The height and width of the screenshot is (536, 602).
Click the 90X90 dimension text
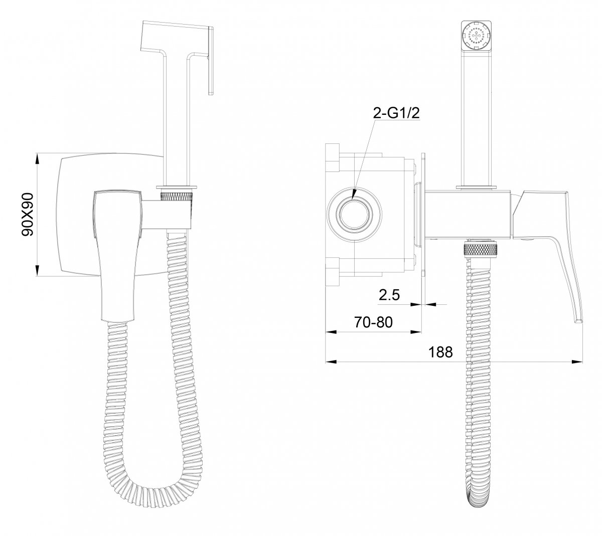(x=28, y=214)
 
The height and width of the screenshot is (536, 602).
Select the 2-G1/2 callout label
(x=396, y=113)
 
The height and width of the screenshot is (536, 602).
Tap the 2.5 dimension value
(x=389, y=295)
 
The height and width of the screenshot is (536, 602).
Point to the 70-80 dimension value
(x=373, y=322)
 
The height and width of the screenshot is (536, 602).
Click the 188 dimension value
(x=440, y=352)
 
